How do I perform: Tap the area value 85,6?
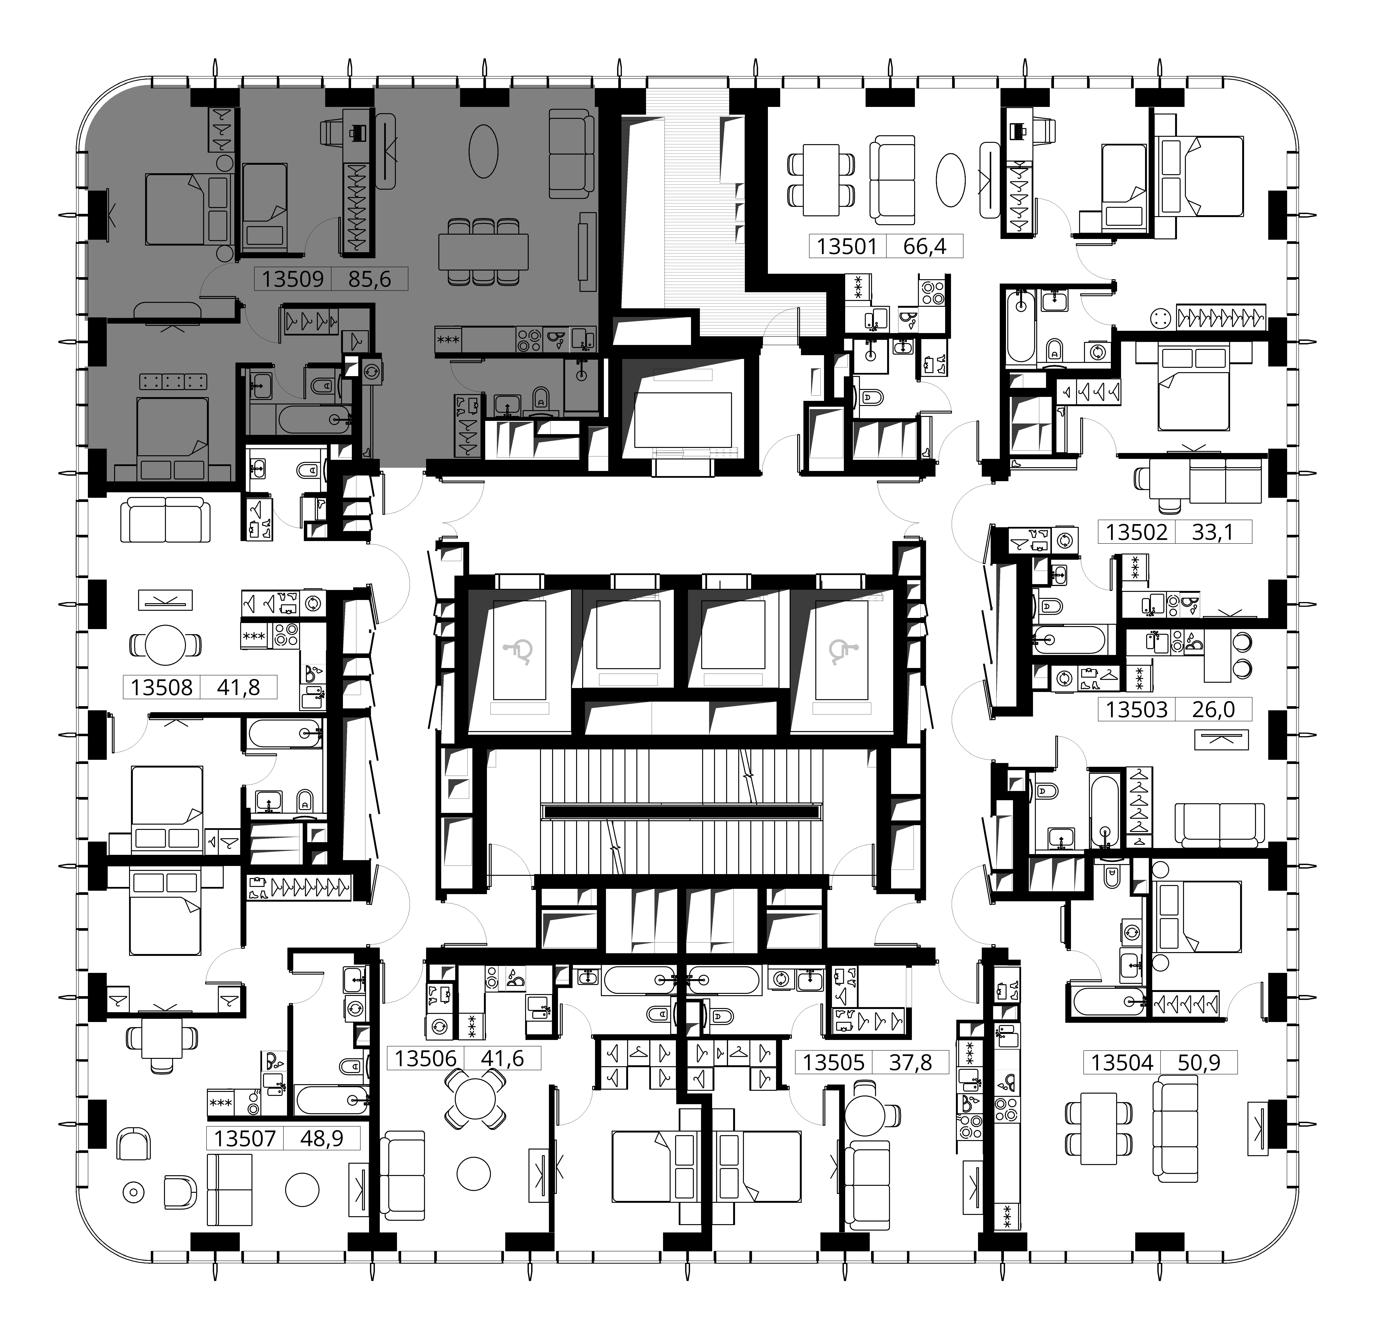[x=369, y=279]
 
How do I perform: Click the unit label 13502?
[x=1137, y=532]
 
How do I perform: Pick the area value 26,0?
[x=1213, y=709]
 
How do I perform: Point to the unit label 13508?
[x=162, y=687]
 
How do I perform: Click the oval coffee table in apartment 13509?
[x=484, y=151]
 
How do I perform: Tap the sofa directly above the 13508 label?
[x=166, y=520]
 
